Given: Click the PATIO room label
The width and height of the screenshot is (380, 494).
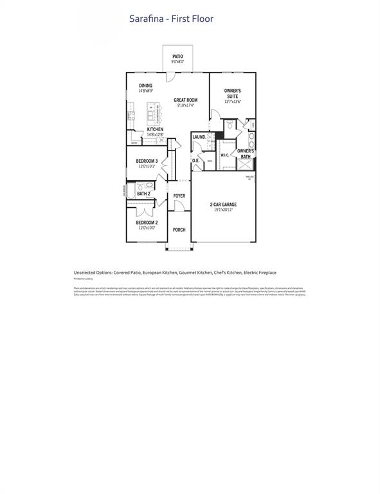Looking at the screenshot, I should (177, 57).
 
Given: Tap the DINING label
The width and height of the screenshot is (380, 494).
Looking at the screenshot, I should (146, 86).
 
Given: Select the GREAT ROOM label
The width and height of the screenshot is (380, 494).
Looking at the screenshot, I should (185, 100).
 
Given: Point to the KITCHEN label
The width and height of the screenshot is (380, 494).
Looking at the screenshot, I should (155, 129).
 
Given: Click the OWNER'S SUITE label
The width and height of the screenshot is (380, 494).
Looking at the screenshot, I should (232, 94).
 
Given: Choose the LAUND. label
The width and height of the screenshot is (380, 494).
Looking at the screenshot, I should (199, 137).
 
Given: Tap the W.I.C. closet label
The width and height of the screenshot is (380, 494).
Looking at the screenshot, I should (225, 155).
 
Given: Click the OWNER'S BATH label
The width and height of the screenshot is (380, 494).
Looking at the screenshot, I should (246, 154).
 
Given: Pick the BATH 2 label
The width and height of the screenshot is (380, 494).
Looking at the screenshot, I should (143, 194).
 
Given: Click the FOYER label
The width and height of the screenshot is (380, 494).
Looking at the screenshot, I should (179, 196).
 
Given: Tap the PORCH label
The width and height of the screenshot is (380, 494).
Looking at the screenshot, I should (179, 230).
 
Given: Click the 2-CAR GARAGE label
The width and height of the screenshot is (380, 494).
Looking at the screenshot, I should (223, 205).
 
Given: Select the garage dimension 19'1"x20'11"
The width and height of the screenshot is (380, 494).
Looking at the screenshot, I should (223, 210).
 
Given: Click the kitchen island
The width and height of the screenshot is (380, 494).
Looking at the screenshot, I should (152, 114).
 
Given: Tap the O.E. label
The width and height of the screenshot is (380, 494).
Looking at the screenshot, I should (195, 160).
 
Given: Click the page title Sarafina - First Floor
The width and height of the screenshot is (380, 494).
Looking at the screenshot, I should (172, 19).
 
